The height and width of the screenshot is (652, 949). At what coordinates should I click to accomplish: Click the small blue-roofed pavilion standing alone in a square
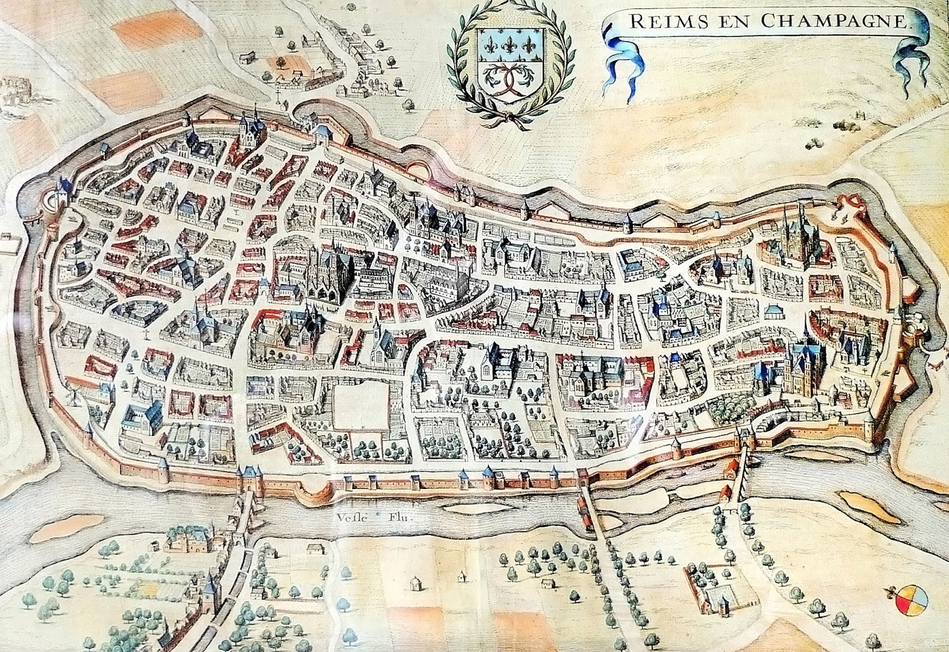pos(772,311)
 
